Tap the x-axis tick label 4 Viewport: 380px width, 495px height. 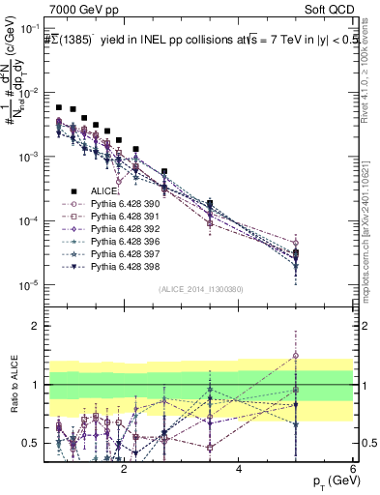(x=239, y=469)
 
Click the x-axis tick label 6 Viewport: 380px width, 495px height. (x=353, y=469)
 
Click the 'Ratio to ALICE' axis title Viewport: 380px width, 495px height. (x=13, y=386)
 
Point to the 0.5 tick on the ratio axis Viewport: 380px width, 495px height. (x=33, y=443)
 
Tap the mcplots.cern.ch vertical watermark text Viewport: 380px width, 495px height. (x=371, y=222)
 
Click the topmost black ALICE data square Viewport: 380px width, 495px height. (x=59, y=108)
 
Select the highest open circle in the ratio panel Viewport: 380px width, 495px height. (x=295, y=356)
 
